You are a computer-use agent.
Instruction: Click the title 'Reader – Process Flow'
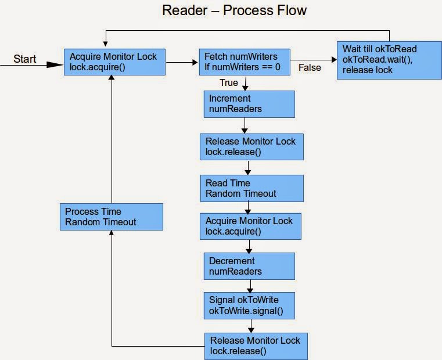(234, 10)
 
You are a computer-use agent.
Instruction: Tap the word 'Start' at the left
(25, 59)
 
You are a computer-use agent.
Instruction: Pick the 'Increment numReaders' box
(250, 104)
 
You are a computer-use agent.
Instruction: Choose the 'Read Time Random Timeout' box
(251, 188)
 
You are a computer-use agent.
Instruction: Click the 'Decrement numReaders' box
(250, 267)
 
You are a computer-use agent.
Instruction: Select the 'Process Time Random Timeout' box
(111, 217)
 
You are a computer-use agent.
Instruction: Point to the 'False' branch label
(310, 68)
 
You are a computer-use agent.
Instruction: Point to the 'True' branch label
(229, 83)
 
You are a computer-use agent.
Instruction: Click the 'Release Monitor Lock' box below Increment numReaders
(252, 146)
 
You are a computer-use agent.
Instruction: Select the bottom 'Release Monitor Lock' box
(255, 346)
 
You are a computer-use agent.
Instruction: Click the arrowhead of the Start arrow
(56, 65)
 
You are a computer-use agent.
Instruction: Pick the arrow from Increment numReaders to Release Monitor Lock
(245, 125)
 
